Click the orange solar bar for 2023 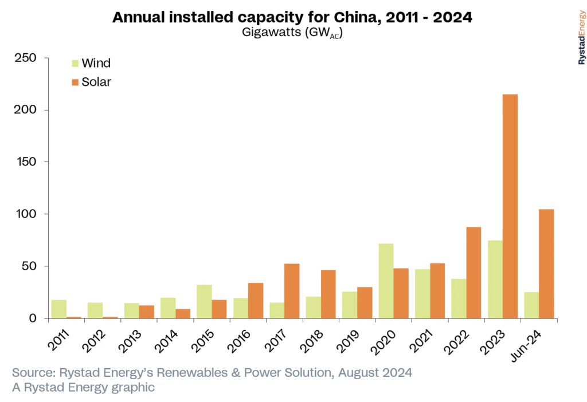[x=510, y=206]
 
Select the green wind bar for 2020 [x=386, y=281]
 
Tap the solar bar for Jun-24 [x=546, y=263]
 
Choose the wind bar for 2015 [x=204, y=301]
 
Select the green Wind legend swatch [x=75, y=62]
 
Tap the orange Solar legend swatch [x=75, y=82]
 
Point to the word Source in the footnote [x=32, y=373]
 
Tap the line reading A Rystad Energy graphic [x=84, y=388]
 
